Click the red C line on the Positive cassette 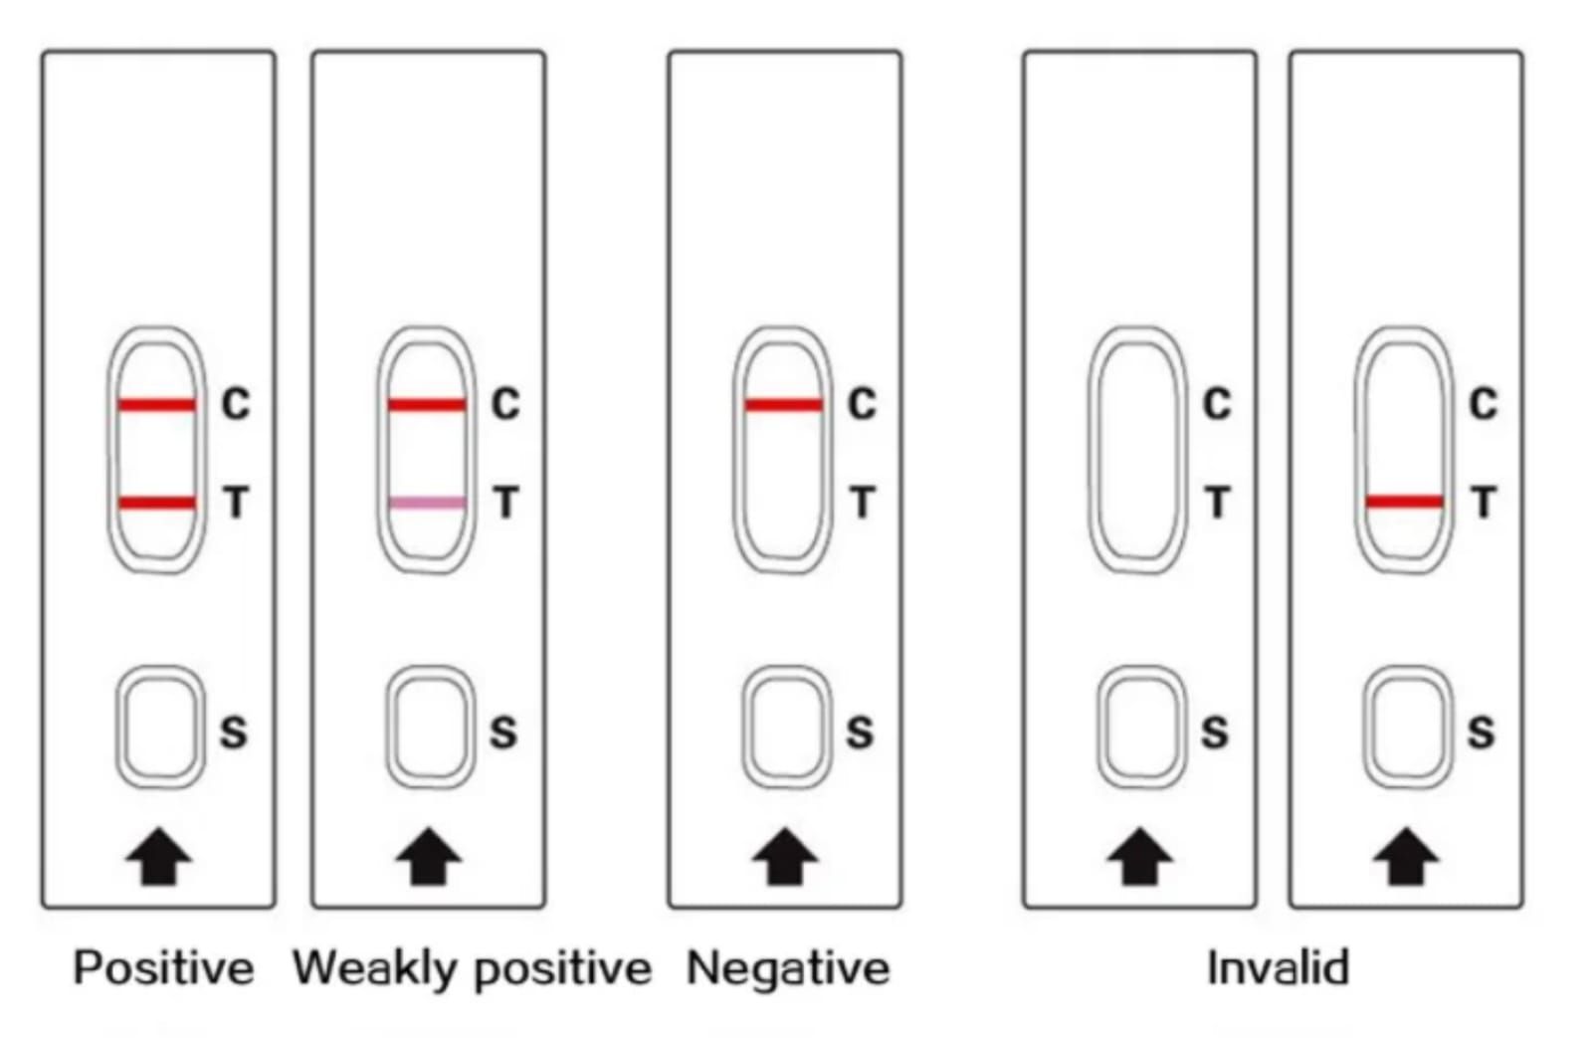(157, 404)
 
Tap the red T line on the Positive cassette (157, 503)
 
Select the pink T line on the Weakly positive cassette (427, 503)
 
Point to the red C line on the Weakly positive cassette (427, 404)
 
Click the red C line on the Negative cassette (784, 404)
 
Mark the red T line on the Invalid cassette (1404, 502)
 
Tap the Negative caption (788, 968)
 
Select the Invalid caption (1278, 968)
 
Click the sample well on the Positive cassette (160, 728)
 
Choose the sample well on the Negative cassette (786, 728)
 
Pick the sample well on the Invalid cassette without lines (1141, 728)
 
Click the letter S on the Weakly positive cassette (503, 732)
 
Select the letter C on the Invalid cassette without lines (1217, 404)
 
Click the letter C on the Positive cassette (236, 404)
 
